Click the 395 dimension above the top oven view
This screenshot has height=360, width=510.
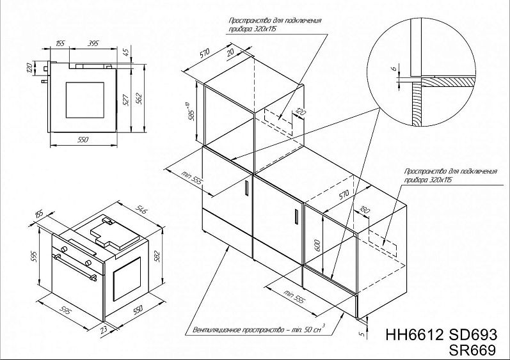(x=92, y=43)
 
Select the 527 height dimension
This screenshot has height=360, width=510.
(x=126, y=99)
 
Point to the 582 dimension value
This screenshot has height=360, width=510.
(x=163, y=256)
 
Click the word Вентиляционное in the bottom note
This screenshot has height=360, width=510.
(x=219, y=331)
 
